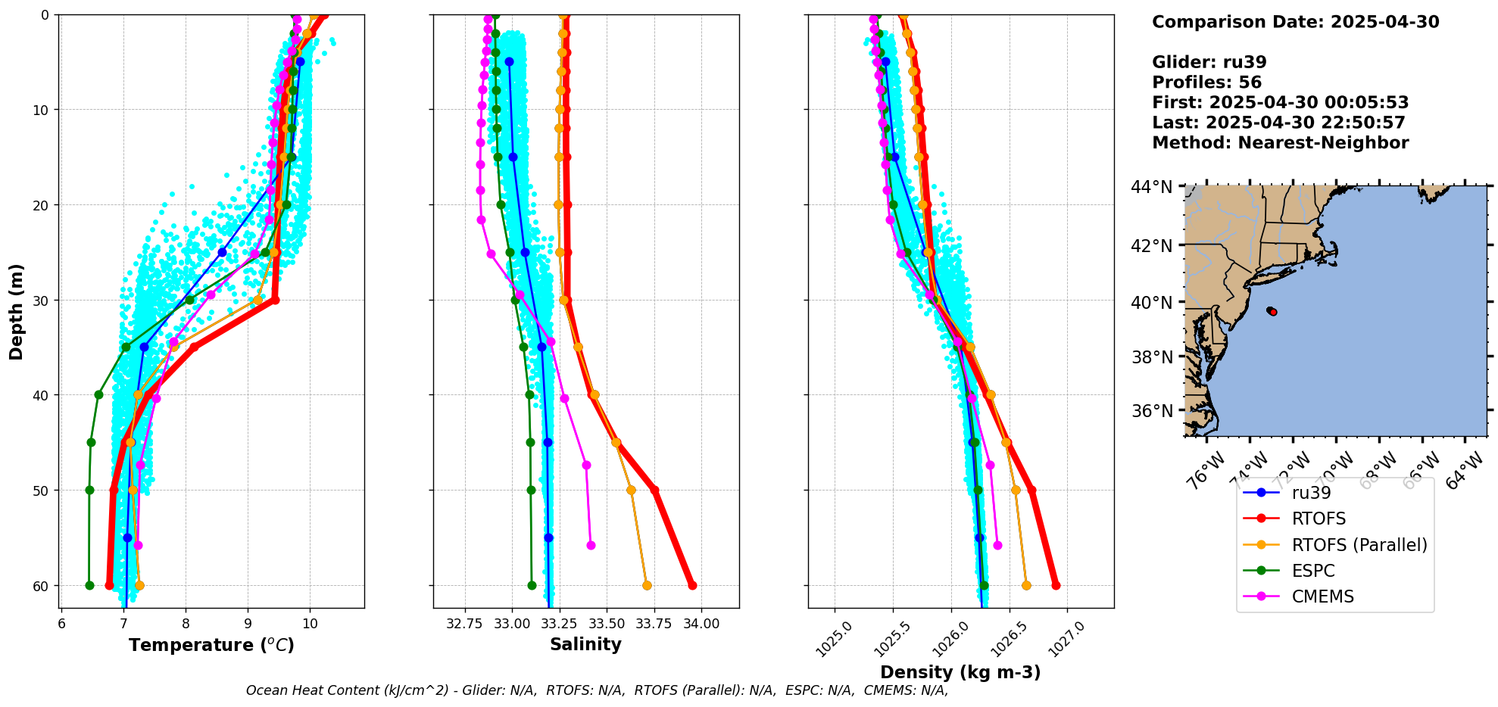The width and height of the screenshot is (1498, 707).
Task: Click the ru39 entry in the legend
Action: point(1311,493)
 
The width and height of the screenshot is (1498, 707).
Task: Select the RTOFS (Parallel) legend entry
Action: point(1359,545)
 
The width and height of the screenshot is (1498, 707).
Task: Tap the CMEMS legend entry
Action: point(1322,596)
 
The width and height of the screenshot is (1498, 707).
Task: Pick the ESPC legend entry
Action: point(1313,571)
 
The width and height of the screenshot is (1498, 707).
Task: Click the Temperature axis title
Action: point(211,645)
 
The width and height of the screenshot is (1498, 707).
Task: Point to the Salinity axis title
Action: point(585,644)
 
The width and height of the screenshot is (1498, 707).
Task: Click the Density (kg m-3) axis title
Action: point(960,672)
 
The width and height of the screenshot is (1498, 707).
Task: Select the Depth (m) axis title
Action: point(17,311)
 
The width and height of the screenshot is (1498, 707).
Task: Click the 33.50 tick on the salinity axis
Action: point(607,624)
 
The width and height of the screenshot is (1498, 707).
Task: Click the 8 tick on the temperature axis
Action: point(186,624)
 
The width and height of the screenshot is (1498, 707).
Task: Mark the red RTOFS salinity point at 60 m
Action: point(692,585)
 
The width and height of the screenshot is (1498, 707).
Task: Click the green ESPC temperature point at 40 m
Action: point(98,394)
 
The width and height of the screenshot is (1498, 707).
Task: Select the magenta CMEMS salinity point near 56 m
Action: point(591,545)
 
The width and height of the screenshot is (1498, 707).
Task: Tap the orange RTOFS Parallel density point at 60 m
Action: point(1026,585)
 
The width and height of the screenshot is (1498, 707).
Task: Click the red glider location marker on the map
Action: point(1273,312)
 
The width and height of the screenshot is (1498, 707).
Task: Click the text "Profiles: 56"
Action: point(1206,83)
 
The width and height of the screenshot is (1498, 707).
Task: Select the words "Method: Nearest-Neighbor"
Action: point(1280,142)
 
